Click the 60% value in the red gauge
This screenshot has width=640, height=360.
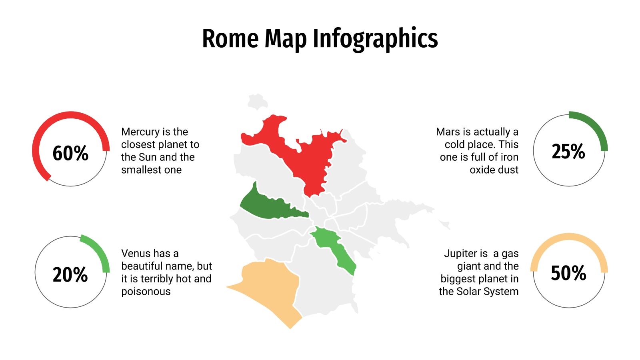[70, 153]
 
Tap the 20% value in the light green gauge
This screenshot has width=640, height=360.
[70, 275]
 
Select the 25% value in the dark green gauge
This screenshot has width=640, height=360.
[568, 152]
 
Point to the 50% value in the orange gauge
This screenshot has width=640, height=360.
[568, 273]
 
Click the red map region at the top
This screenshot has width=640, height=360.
[304, 156]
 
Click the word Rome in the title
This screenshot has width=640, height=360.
[230, 39]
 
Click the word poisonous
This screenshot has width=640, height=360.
[146, 291]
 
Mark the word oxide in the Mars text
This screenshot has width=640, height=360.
[483, 170]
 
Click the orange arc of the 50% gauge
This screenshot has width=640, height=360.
[569, 237]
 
